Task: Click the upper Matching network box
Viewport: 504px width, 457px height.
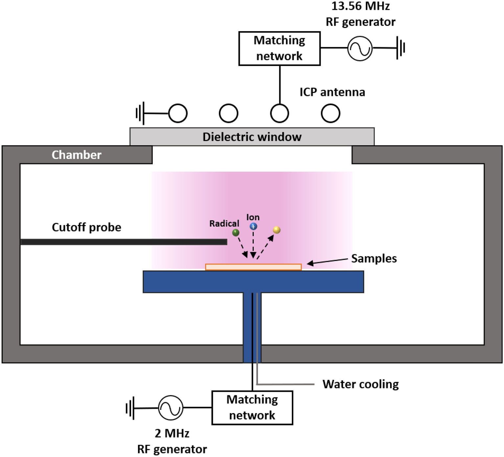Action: coord(279,49)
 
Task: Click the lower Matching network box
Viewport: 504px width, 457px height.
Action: coord(252,407)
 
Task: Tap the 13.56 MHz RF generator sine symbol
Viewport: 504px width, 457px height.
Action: coord(360,48)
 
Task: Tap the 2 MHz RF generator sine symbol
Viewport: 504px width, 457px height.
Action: coord(171,408)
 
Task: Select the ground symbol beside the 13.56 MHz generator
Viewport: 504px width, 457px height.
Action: coord(401,48)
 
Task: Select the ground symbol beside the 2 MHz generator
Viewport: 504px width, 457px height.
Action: coord(130,408)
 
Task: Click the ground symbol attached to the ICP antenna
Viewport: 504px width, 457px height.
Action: coord(140,113)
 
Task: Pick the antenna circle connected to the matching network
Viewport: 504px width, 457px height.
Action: coord(279,113)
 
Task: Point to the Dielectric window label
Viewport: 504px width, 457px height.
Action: coord(252,137)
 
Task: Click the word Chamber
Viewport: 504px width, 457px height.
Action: coord(77,155)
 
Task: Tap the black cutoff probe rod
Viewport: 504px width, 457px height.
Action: coord(124,242)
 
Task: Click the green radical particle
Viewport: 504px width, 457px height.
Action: coord(236,233)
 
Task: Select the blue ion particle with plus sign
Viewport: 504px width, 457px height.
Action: coord(253,226)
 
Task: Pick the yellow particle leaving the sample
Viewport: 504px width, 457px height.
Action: coord(277,230)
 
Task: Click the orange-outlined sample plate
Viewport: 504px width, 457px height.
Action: coord(253,267)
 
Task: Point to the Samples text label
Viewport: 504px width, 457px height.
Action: coord(374,258)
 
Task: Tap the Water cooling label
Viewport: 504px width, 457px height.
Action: coord(360,384)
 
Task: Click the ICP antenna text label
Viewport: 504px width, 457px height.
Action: coord(332,92)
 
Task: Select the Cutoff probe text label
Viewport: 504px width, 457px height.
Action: coord(86,227)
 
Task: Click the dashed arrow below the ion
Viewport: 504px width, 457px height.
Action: coord(253,245)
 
